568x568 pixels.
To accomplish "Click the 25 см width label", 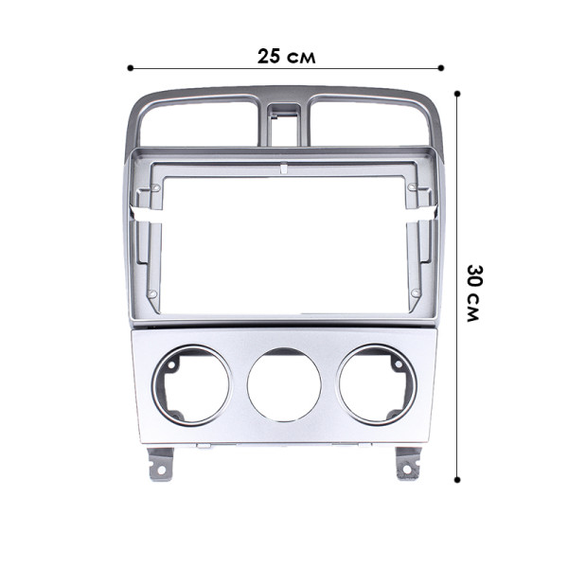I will (286, 55).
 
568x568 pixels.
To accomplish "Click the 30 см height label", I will (474, 292).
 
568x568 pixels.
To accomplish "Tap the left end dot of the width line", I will (130, 68).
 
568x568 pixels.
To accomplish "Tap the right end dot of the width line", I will (442, 68).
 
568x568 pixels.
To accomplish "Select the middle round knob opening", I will (284, 385).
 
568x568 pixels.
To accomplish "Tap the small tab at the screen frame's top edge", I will (284, 169).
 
